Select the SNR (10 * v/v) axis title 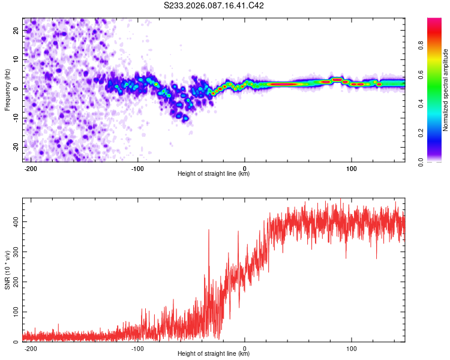tap(7, 269)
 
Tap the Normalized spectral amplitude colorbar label tap(446, 90)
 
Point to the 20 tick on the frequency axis tap(16, 31)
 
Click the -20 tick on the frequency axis tap(15, 146)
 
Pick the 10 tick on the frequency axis tap(16, 59)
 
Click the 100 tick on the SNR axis tap(14, 312)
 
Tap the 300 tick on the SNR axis tap(14, 251)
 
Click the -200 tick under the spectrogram tap(31, 167)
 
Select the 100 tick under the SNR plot tap(352, 347)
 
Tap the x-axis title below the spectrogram tap(214, 174)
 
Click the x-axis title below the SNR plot tap(214, 355)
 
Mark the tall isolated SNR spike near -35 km tap(209, 230)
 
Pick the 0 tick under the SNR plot tap(245, 347)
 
